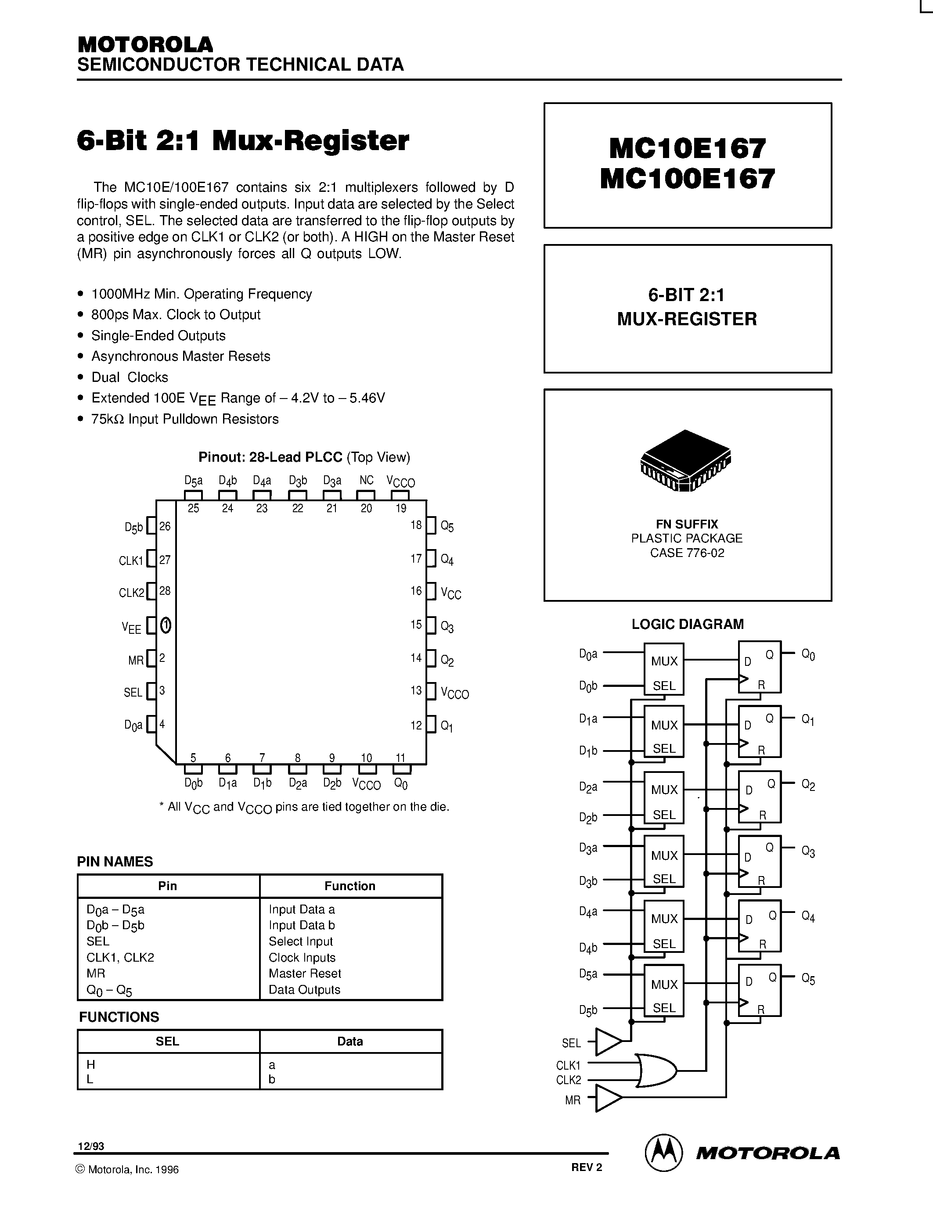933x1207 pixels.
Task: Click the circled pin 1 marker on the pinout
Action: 165,625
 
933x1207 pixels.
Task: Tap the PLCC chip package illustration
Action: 685,460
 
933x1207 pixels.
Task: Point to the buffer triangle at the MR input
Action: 609,1098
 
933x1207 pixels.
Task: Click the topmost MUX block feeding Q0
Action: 664,669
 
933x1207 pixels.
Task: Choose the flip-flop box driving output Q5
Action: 760,990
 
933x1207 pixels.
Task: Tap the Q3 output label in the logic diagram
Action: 808,851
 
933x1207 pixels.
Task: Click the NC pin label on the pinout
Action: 367,480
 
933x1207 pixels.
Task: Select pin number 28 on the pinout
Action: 165,591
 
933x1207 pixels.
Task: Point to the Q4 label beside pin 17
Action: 447,560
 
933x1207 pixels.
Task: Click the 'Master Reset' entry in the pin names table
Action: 305,973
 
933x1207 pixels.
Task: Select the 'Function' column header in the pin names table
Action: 350,886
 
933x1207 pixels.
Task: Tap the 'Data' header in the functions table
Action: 350,1041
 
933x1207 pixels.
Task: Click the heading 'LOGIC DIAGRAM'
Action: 688,624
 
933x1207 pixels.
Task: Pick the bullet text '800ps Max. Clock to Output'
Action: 176,314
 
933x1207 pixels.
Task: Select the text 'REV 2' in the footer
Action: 587,1167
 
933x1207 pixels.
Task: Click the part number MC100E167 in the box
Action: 687,179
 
